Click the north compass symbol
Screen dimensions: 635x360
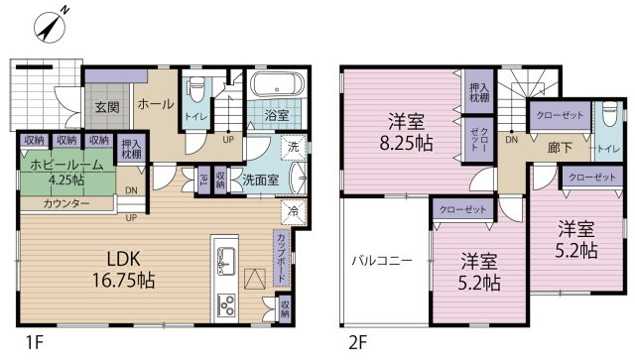[50, 27]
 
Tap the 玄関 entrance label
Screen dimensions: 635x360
[107, 108]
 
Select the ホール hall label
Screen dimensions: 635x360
[156, 104]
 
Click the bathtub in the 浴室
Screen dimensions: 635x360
[277, 84]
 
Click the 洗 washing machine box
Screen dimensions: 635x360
[294, 148]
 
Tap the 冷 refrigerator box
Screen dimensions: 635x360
[294, 211]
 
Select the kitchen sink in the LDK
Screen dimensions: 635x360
[226, 261]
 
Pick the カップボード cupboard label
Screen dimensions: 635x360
[281, 258]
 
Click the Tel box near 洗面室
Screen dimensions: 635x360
[204, 180]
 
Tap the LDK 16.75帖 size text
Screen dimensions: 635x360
[123, 269]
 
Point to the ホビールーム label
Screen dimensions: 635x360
[67, 165]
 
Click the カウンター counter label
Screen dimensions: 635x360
[66, 203]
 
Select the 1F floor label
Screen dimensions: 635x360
[35, 344]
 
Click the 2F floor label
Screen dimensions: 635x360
[358, 344]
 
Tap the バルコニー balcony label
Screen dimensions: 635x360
[381, 260]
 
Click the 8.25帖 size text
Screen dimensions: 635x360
[406, 144]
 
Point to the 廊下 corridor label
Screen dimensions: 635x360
[560, 148]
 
